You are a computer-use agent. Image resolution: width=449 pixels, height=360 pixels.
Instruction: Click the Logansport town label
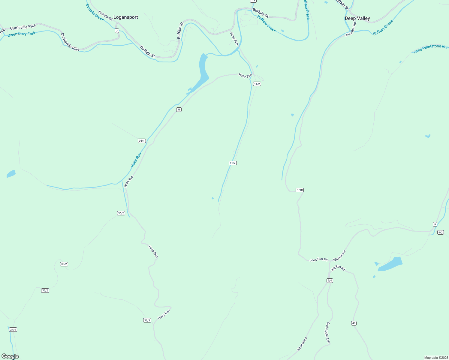tap(125, 17)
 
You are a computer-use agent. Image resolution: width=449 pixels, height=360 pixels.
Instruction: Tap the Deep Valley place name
tap(357, 19)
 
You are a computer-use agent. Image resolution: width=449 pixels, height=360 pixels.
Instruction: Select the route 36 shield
tap(179, 109)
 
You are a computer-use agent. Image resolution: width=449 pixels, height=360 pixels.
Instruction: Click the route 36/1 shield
tap(142, 141)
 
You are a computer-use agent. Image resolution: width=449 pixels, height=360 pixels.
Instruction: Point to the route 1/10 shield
tap(300, 190)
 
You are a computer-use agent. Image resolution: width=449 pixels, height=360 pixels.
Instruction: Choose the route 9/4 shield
tap(330, 280)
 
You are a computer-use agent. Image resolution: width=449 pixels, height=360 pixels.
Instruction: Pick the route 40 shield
tap(354, 323)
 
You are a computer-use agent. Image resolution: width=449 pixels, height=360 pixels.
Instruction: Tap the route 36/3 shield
tap(147, 320)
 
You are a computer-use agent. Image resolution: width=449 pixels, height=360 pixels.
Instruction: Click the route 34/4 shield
tap(13, 330)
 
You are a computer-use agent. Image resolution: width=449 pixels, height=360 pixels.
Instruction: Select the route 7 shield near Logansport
tap(117, 31)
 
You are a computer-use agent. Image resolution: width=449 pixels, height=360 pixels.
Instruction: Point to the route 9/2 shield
tap(440, 232)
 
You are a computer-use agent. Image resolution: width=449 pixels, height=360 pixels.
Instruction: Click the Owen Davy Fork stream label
tap(21, 34)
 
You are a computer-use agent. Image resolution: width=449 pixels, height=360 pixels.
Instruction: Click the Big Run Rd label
tap(338, 268)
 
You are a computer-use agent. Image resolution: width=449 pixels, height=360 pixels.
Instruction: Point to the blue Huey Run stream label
tap(136, 160)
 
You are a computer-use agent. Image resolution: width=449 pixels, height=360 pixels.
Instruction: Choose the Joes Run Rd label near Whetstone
tap(318, 259)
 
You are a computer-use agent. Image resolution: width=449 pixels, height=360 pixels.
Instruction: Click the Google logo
tap(10, 356)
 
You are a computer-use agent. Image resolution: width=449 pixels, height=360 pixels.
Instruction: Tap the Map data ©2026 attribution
tap(436, 358)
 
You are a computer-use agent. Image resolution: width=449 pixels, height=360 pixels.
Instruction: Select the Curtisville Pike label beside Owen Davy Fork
tap(23, 27)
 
